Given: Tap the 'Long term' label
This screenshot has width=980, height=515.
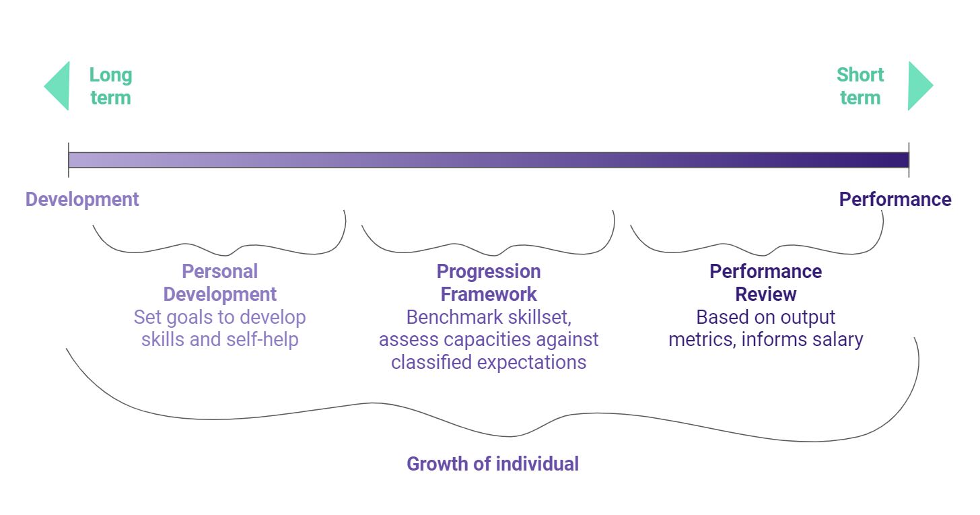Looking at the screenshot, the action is [x=110, y=86].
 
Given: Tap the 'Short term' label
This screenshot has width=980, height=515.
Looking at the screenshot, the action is [x=860, y=86].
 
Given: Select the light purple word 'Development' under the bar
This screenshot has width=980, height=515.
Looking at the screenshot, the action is [x=82, y=199].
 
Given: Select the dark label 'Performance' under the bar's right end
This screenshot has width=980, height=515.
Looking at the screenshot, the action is [x=895, y=199].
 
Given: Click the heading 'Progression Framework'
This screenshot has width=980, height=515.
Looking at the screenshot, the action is [x=489, y=283].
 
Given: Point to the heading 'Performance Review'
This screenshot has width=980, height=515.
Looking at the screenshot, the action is [x=766, y=283].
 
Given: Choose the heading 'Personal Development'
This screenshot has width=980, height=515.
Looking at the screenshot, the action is [x=219, y=283].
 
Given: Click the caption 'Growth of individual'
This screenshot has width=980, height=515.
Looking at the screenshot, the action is [x=493, y=464].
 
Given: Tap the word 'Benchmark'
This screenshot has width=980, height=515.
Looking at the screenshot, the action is [x=452, y=317].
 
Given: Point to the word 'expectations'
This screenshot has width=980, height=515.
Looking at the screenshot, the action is [x=532, y=363].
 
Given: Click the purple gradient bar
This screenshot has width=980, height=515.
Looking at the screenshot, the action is [x=489, y=160].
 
